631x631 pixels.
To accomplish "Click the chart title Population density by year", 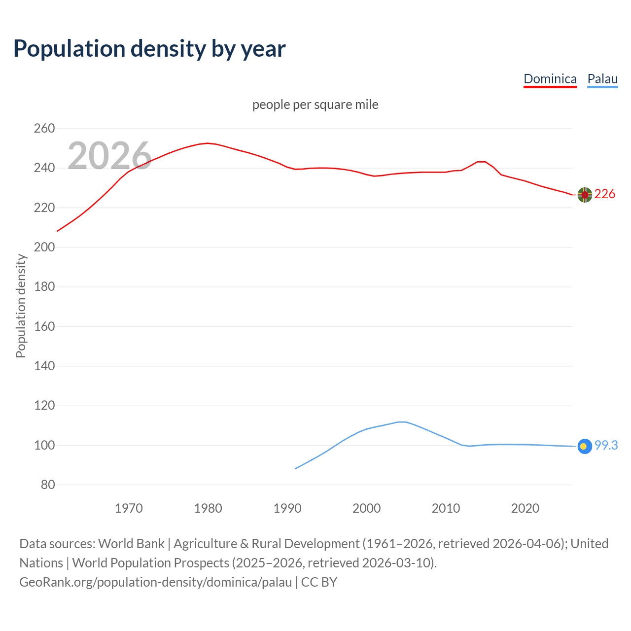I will (149, 49).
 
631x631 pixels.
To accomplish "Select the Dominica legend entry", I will (550, 79).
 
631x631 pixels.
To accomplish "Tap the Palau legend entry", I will (602, 79).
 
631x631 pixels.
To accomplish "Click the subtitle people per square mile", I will (315, 105).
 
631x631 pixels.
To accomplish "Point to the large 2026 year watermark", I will (109, 156).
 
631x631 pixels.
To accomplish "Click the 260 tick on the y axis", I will (44, 129).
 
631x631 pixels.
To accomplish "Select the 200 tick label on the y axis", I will (44, 247).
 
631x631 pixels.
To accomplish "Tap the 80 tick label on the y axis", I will (48, 485).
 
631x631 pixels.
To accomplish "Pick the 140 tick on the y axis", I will (44, 366).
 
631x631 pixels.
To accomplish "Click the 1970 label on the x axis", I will (129, 508).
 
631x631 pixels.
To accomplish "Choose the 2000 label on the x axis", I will (366, 508).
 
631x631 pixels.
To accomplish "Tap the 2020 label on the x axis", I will (525, 508).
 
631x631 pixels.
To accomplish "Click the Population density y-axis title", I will (21, 306).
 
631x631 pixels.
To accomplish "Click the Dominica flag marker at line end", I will (585, 195).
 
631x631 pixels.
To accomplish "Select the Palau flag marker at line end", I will (585, 446).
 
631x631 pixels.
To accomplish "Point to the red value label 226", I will (605, 194).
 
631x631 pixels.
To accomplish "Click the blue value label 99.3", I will (606, 445).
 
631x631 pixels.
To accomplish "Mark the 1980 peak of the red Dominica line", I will (208, 143).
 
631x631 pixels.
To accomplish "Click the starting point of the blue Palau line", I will (295, 468).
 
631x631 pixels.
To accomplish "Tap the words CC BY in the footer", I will (319, 582).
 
